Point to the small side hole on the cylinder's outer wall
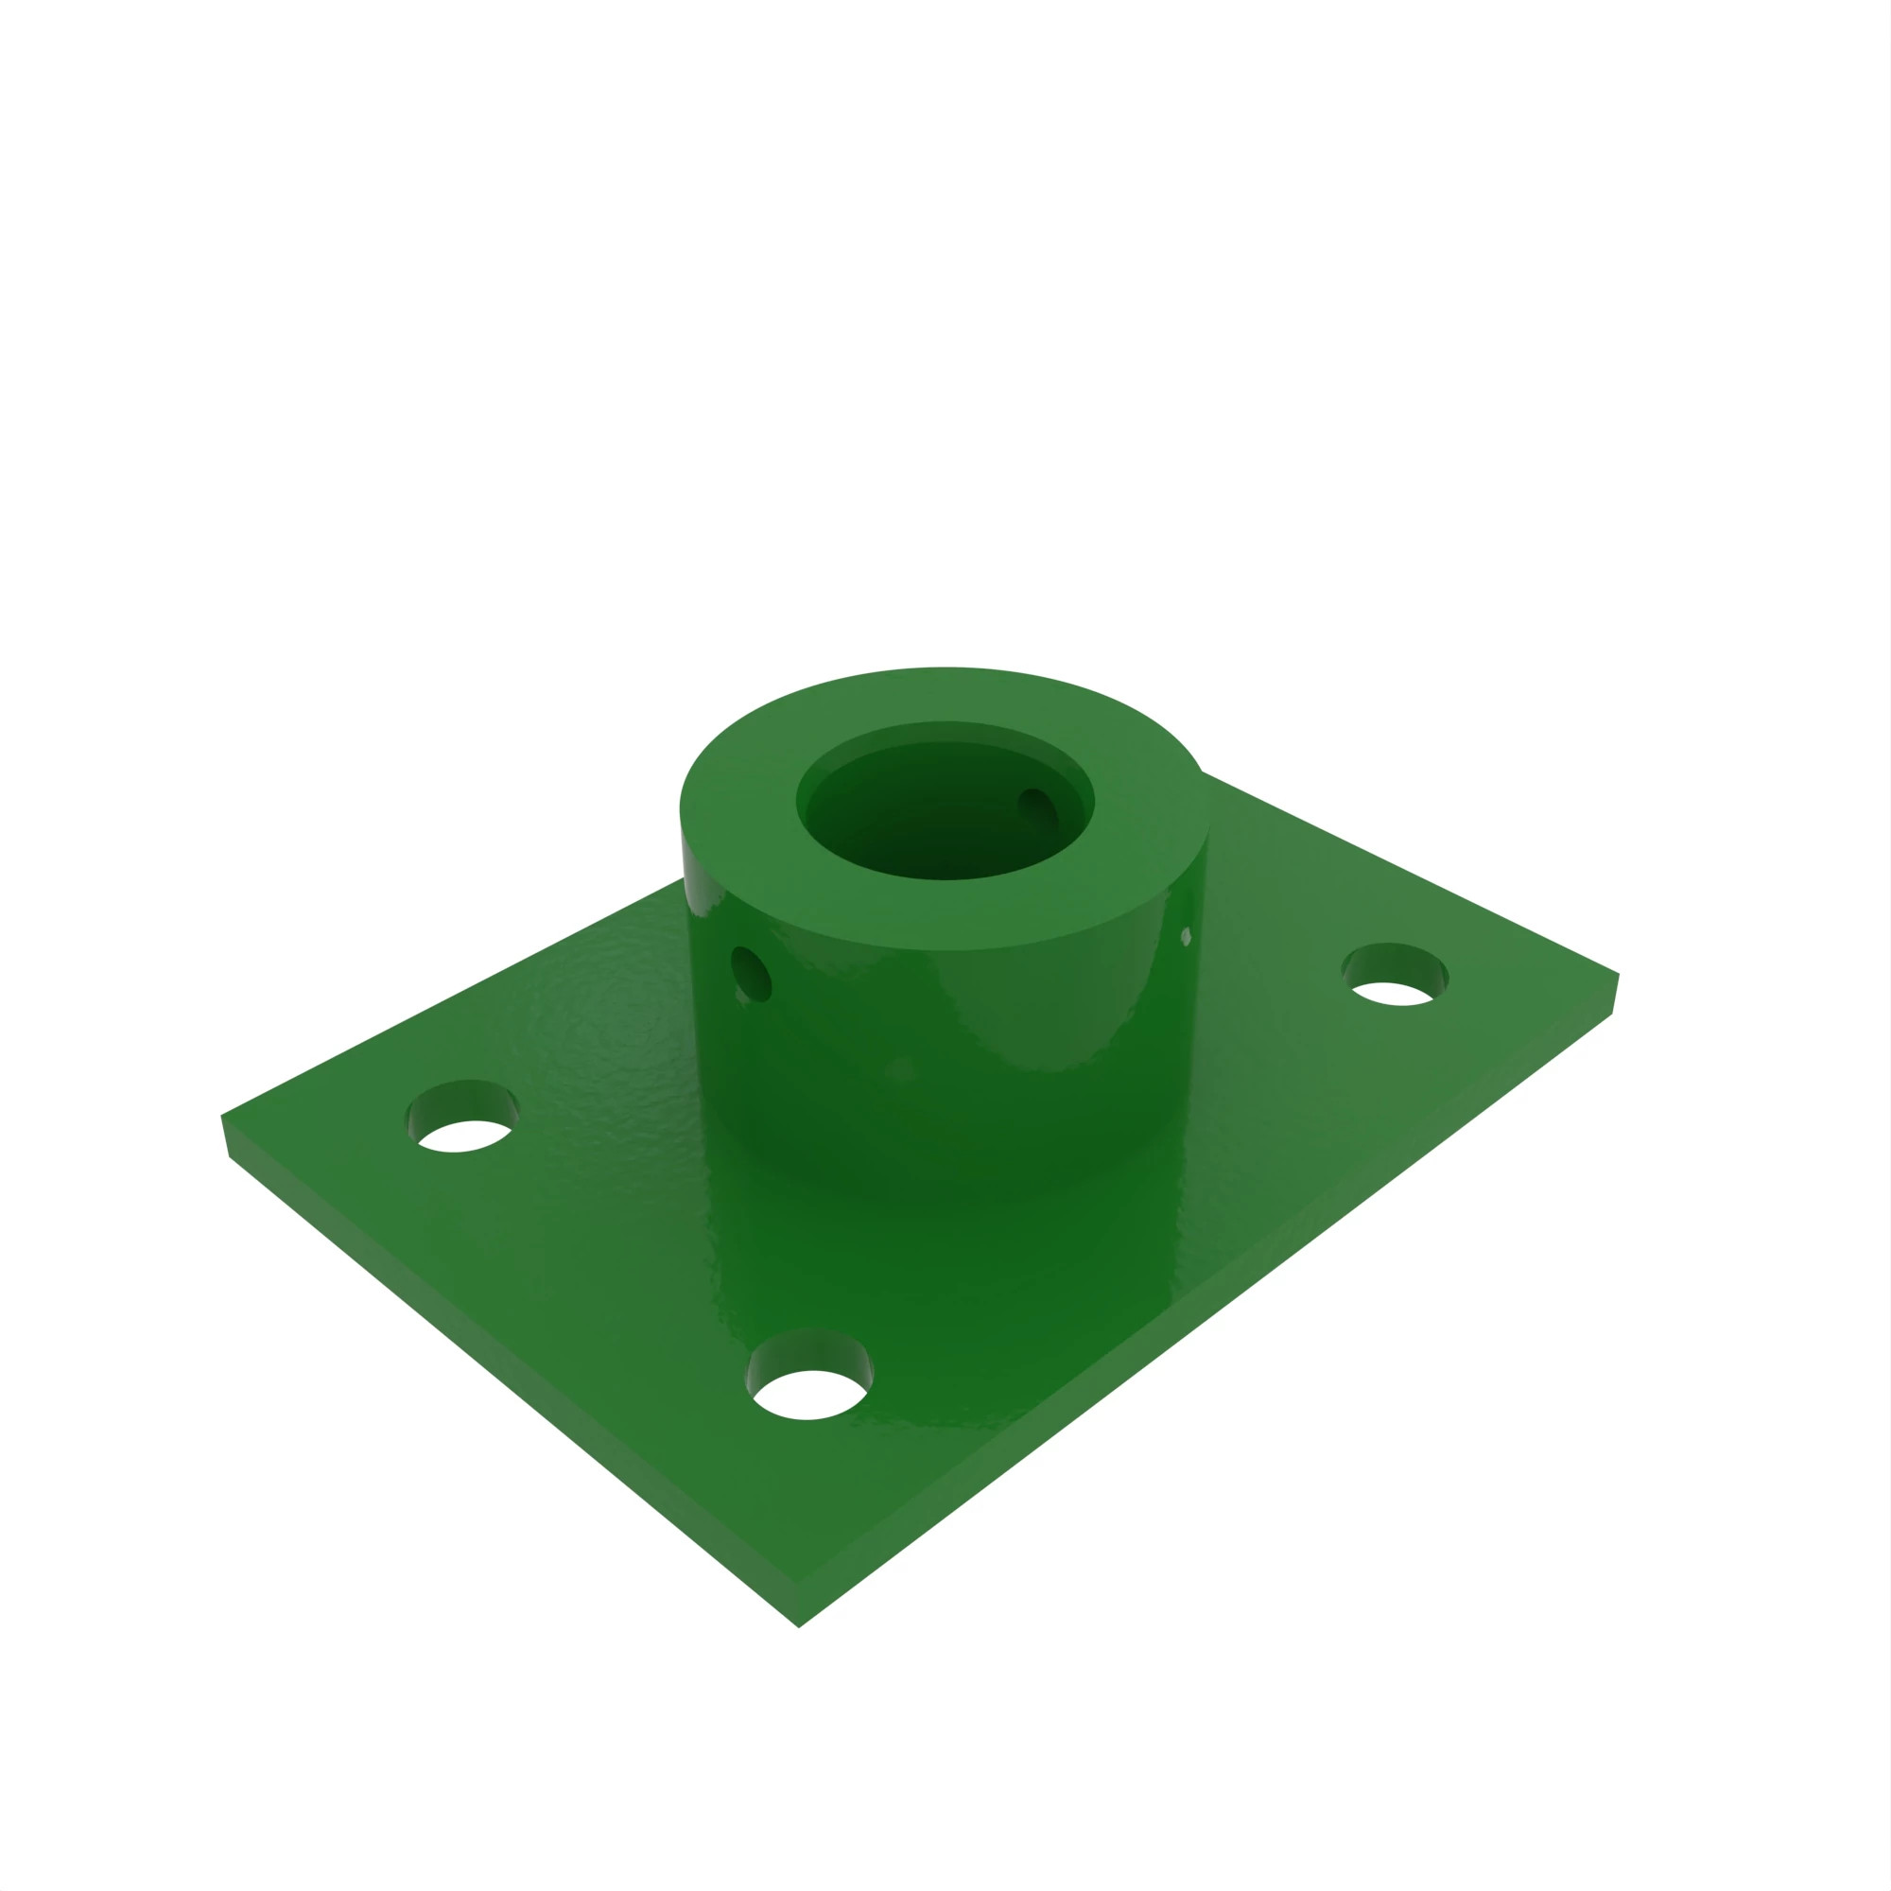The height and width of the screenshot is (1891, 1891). coord(752,974)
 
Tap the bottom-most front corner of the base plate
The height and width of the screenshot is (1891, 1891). coord(800,1626)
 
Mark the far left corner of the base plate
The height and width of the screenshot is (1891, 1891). coord(222,1116)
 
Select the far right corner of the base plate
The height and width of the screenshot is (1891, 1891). coord(1619,974)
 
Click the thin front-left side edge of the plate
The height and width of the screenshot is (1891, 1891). coord(509,1390)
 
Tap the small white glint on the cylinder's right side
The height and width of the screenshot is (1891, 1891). coord(1187,937)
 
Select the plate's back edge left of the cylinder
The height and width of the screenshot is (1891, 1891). coord(450,998)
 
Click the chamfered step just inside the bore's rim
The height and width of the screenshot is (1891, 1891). coord(945,732)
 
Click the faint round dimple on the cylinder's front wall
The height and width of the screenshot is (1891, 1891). coord(900,1068)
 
